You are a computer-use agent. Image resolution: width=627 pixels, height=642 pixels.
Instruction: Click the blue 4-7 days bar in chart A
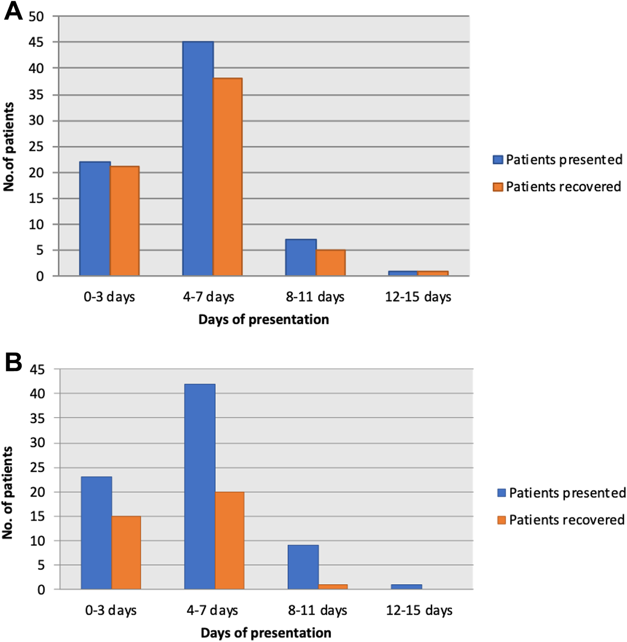click(x=198, y=159)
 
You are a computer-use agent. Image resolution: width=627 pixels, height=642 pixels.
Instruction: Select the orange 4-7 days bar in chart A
click(x=228, y=177)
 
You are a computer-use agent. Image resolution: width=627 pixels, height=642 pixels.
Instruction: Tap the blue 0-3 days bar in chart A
click(x=95, y=219)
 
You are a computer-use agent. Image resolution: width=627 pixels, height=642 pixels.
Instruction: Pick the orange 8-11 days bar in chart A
click(x=331, y=263)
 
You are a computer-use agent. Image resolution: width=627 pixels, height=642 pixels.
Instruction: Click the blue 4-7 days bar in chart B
click(x=200, y=486)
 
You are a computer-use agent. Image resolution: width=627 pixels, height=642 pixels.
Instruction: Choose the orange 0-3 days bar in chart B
click(x=126, y=552)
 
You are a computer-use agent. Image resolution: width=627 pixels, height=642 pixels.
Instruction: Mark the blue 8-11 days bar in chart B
click(x=303, y=567)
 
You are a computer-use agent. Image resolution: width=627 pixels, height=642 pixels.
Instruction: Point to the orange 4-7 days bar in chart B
click(x=229, y=540)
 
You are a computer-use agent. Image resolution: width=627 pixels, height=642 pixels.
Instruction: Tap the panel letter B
click(x=13, y=362)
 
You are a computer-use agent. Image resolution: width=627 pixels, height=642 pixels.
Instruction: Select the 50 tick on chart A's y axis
click(x=36, y=17)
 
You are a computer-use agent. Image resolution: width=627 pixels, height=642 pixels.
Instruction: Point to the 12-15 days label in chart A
click(x=418, y=297)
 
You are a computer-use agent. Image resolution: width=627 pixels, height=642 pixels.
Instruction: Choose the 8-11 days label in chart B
click(x=317, y=610)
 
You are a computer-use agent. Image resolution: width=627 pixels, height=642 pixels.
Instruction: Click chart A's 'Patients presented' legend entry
click(x=558, y=159)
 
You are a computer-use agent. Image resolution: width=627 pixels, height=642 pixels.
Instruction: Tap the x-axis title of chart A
click(x=264, y=320)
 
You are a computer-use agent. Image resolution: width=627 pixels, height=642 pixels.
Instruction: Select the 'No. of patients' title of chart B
click(x=8, y=493)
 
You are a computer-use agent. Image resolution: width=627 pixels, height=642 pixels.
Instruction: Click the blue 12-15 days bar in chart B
click(x=406, y=587)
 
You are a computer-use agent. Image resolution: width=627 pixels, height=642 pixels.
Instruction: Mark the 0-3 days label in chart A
click(x=110, y=297)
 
